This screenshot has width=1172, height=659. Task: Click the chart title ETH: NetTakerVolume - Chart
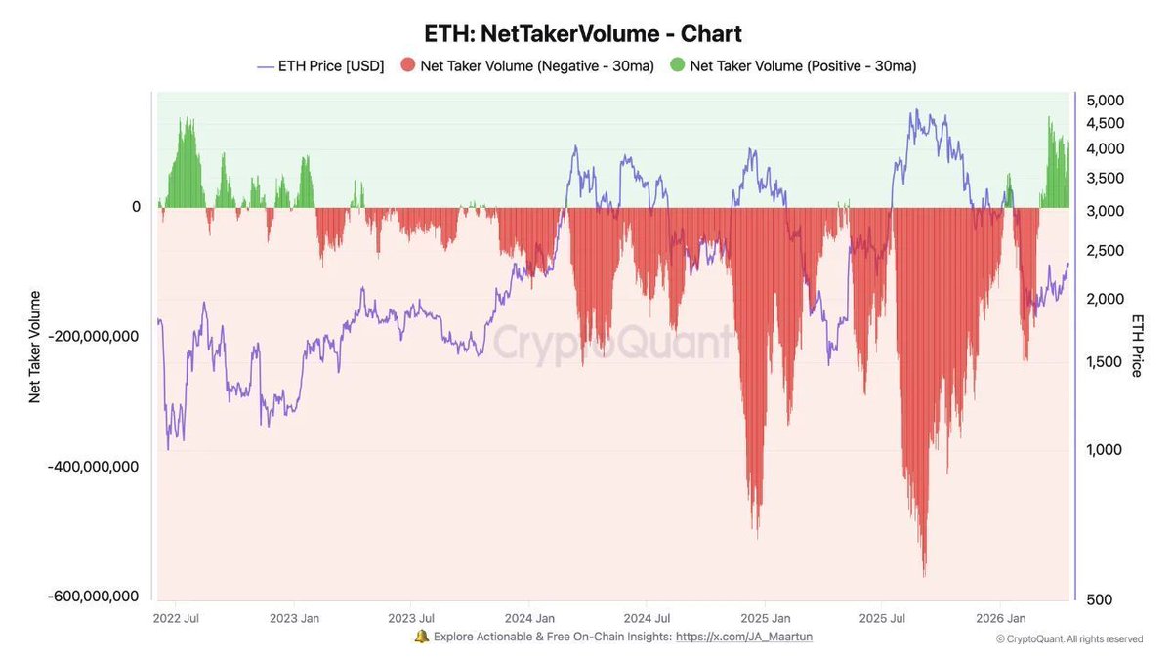583,33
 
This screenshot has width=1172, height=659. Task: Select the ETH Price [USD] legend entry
320,66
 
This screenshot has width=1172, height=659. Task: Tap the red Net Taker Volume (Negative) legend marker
407,66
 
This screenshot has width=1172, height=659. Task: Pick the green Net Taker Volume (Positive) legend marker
677,66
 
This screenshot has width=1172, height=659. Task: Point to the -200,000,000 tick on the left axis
94,336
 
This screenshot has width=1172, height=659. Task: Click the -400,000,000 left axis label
94,466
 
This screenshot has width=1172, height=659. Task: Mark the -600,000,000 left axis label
94,596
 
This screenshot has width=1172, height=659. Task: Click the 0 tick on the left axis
137,207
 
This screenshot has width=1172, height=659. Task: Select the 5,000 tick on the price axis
1106,101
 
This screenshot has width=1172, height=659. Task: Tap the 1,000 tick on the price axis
1106,450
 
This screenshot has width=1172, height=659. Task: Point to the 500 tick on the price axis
1100,599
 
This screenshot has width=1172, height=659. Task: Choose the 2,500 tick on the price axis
1106,251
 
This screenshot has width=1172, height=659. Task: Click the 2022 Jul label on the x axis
177,618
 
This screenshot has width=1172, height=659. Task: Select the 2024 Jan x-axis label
531,618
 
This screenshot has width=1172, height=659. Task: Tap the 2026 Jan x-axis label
1003,618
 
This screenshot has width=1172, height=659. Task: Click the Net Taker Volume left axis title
35,347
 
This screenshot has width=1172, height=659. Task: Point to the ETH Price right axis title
1137,346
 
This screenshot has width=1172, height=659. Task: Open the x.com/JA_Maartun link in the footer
744,637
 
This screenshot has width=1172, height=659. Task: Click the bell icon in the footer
421,637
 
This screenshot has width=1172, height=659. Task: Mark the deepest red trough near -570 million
924,574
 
